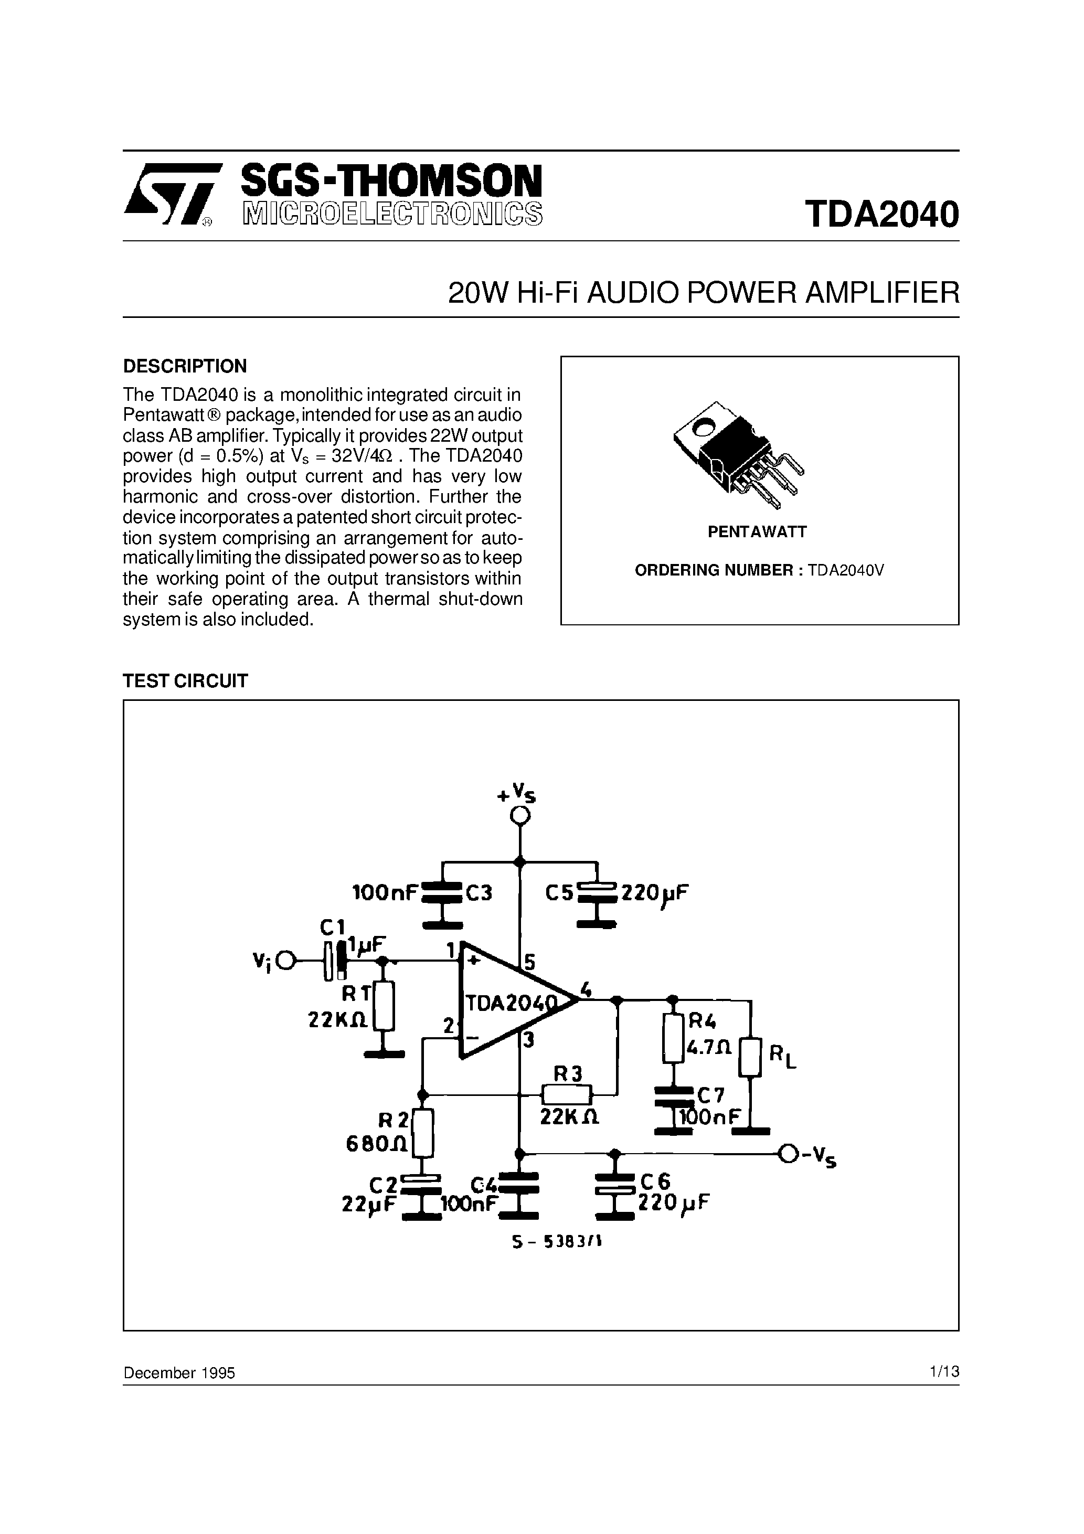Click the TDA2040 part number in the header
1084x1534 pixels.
point(881,215)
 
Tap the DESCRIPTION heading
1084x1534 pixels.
point(185,366)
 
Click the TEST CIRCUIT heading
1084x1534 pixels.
point(185,681)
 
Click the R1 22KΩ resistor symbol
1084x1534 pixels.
point(383,1006)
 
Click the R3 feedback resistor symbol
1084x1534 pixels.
point(566,1094)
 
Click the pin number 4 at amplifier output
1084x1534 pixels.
point(586,989)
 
